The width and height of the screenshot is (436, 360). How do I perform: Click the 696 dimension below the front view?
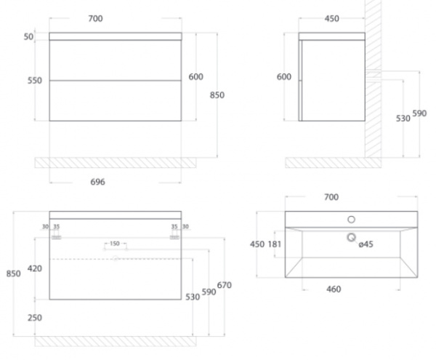click(x=97, y=182)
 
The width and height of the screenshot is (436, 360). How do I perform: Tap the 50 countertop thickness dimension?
click(x=28, y=36)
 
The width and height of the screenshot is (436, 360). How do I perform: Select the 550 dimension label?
click(x=35, y=81)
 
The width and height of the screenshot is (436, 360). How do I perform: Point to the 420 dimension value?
click(x=35, y=268)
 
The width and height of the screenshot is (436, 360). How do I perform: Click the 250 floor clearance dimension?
click(x=35, y=318)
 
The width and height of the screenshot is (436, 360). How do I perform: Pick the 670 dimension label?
click(x=224, y=285)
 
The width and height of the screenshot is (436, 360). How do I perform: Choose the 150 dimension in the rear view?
click(x=115, y=244)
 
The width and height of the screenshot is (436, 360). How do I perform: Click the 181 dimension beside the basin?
click(x=275, y=244)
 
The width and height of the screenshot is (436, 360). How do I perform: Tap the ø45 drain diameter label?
click(x=366, y=244)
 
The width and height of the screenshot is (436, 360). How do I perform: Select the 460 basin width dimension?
click(x=334, y=289)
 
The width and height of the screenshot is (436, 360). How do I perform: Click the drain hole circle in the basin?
click(x=352, y=238)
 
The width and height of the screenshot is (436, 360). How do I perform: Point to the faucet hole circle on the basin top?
click(x=352, y=220)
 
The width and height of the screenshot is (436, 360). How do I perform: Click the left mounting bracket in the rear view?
click(x=57, y=237)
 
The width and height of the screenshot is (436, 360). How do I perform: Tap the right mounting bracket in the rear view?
click(x=174, y=237)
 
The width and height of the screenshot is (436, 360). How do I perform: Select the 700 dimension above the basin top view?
click(x=331, y=197)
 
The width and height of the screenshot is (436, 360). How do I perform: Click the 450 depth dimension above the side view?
click(x=332, y=19)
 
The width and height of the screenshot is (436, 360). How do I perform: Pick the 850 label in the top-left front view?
click(x=217, y=95)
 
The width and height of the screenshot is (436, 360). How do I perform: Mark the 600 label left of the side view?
click(x=284, y=77)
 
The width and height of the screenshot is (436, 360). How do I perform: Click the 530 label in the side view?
click(x=403, y=119)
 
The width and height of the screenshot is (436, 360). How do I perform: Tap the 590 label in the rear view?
click(x=209, y=292)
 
